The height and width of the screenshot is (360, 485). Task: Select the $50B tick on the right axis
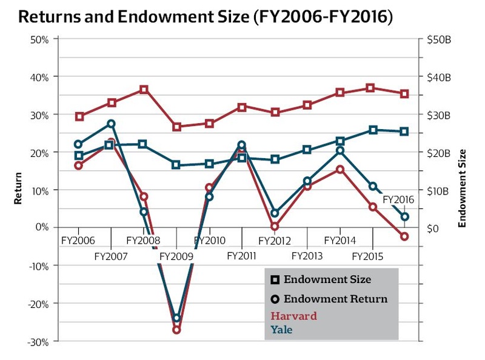pos(440,40)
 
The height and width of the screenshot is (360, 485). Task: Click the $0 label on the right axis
pos(434,228)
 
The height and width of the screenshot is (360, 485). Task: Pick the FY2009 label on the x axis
pos(176,256)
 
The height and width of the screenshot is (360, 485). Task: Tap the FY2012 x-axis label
pos(275,241)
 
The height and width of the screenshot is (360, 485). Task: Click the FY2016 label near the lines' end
pos(398,199)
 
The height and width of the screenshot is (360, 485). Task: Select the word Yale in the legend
pos(281,330)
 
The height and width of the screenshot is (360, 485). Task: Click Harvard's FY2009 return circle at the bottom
pos(177,330)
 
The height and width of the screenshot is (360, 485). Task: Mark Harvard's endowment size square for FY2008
pos(144,90)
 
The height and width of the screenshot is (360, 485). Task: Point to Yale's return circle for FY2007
pos(112,124)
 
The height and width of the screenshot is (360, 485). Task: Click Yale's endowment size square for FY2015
pos(373,130)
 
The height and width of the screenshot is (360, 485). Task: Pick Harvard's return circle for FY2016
pos(405,236)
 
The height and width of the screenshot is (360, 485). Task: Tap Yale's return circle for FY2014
pos(340,150)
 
